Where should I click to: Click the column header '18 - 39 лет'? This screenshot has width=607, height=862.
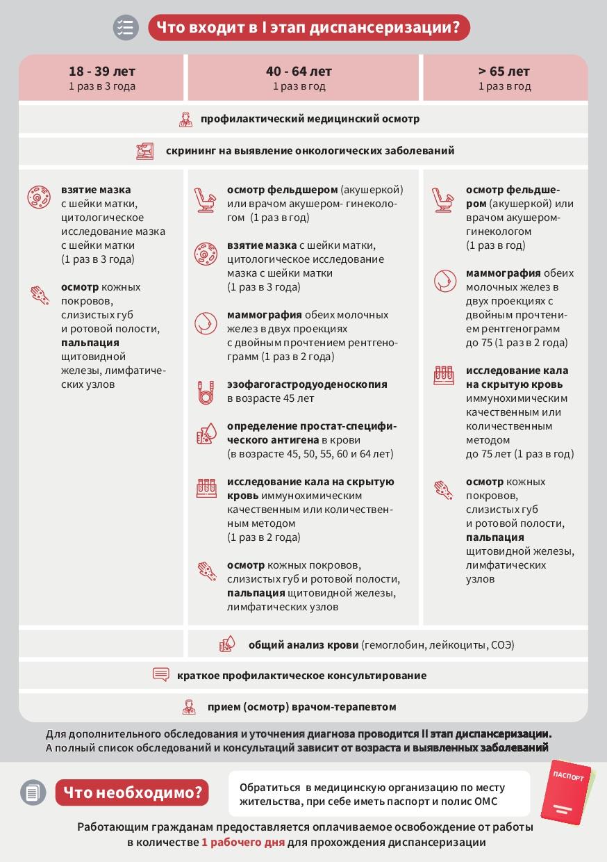[x=101, y=72]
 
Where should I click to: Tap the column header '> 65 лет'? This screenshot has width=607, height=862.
[x=504, y=72]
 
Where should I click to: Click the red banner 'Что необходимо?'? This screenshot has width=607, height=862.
[x=132, y=792]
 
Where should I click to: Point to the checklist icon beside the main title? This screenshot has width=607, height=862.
[x=126, y=28]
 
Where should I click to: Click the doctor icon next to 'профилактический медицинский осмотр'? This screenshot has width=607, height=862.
[x=185, y=119]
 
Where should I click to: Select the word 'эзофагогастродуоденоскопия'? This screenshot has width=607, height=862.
[x=307, y=384]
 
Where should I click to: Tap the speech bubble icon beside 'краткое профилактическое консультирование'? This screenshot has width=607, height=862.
[x=160, y=675]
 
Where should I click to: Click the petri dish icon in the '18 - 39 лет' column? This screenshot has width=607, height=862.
[x=39, y=197]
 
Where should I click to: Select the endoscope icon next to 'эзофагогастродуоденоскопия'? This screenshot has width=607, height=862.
[x=206, y=392]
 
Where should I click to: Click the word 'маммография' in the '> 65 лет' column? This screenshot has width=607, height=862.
[x=503, y=273]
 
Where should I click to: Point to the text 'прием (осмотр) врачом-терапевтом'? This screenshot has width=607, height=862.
[x=301, y=707]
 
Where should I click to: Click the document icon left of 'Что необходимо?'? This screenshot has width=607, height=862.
[x=33, y=792]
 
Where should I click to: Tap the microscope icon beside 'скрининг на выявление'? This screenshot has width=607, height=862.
[x=145, y=151]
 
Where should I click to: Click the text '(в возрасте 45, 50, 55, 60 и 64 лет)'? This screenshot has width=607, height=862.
[x=310, y=454]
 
